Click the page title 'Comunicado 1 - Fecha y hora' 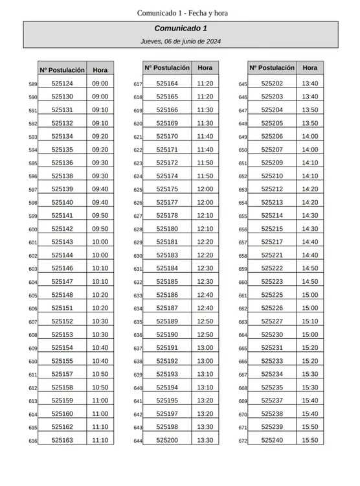(x=182, y=14)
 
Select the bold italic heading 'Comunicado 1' (x=181, y=29)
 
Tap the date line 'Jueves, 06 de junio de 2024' (x=181, y=41)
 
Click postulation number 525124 (x=62, y=84)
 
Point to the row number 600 (x=33, y=229)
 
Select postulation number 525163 (x=62, y=440)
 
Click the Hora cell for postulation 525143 (x=100, y=242)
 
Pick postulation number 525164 (x=167, y=84)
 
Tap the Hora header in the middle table (x=205, y=67)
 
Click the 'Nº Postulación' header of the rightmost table (x=272, y=67)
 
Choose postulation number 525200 (x=167, y=440)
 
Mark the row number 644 (x=138, y=441)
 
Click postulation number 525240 (x=272, y=440)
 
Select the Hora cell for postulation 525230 (x=310, y=334)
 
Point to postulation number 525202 (x=272, y=84)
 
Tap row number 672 (x=243, y=441)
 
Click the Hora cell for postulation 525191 (x=205, y=348)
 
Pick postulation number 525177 (x=167, y=202)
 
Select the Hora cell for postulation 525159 (x=100, y=400)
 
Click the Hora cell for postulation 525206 (x=310, y=136)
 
